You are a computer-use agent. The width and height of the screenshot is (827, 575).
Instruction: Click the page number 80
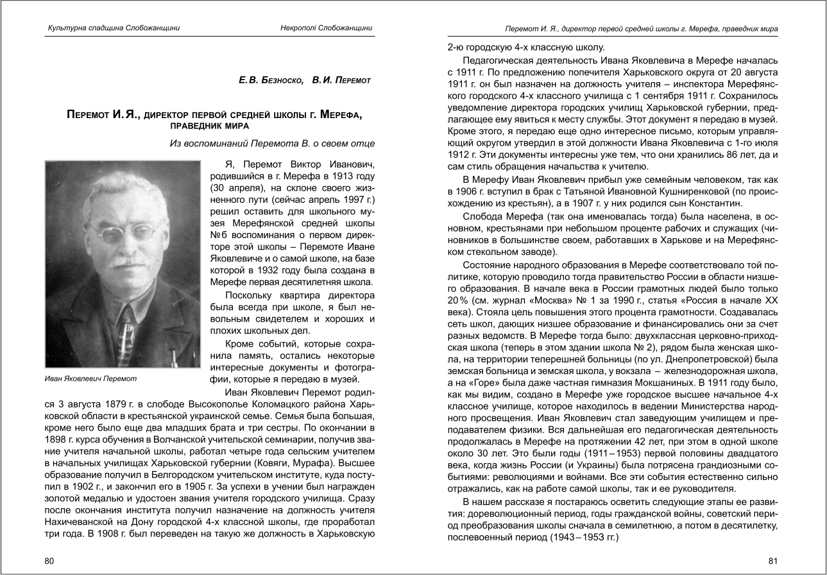(x=49, y=562)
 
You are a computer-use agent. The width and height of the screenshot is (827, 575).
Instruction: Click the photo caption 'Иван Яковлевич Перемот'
(x=90, y=379)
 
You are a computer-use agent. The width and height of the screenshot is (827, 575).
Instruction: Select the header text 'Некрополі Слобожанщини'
(x=327, y=28)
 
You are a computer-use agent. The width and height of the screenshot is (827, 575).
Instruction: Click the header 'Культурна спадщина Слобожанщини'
(x=114, y=28)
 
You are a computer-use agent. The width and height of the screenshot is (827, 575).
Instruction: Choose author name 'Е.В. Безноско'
(x=269, y=80)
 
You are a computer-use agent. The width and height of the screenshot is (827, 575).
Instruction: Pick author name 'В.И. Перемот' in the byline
(x=341, y=80)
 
